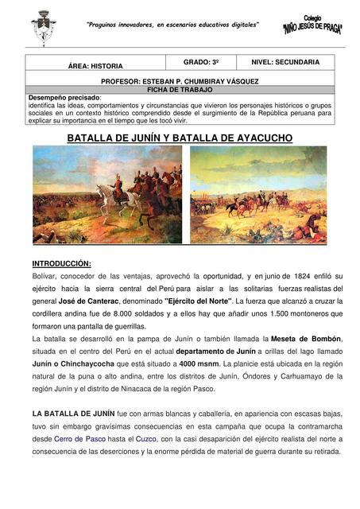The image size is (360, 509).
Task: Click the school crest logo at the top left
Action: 43,27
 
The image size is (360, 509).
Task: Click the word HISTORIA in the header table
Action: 106,66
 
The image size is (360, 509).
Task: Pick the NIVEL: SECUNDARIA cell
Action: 285,61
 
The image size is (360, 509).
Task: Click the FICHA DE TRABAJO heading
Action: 180,89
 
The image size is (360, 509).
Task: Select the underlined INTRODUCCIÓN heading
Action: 61,262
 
